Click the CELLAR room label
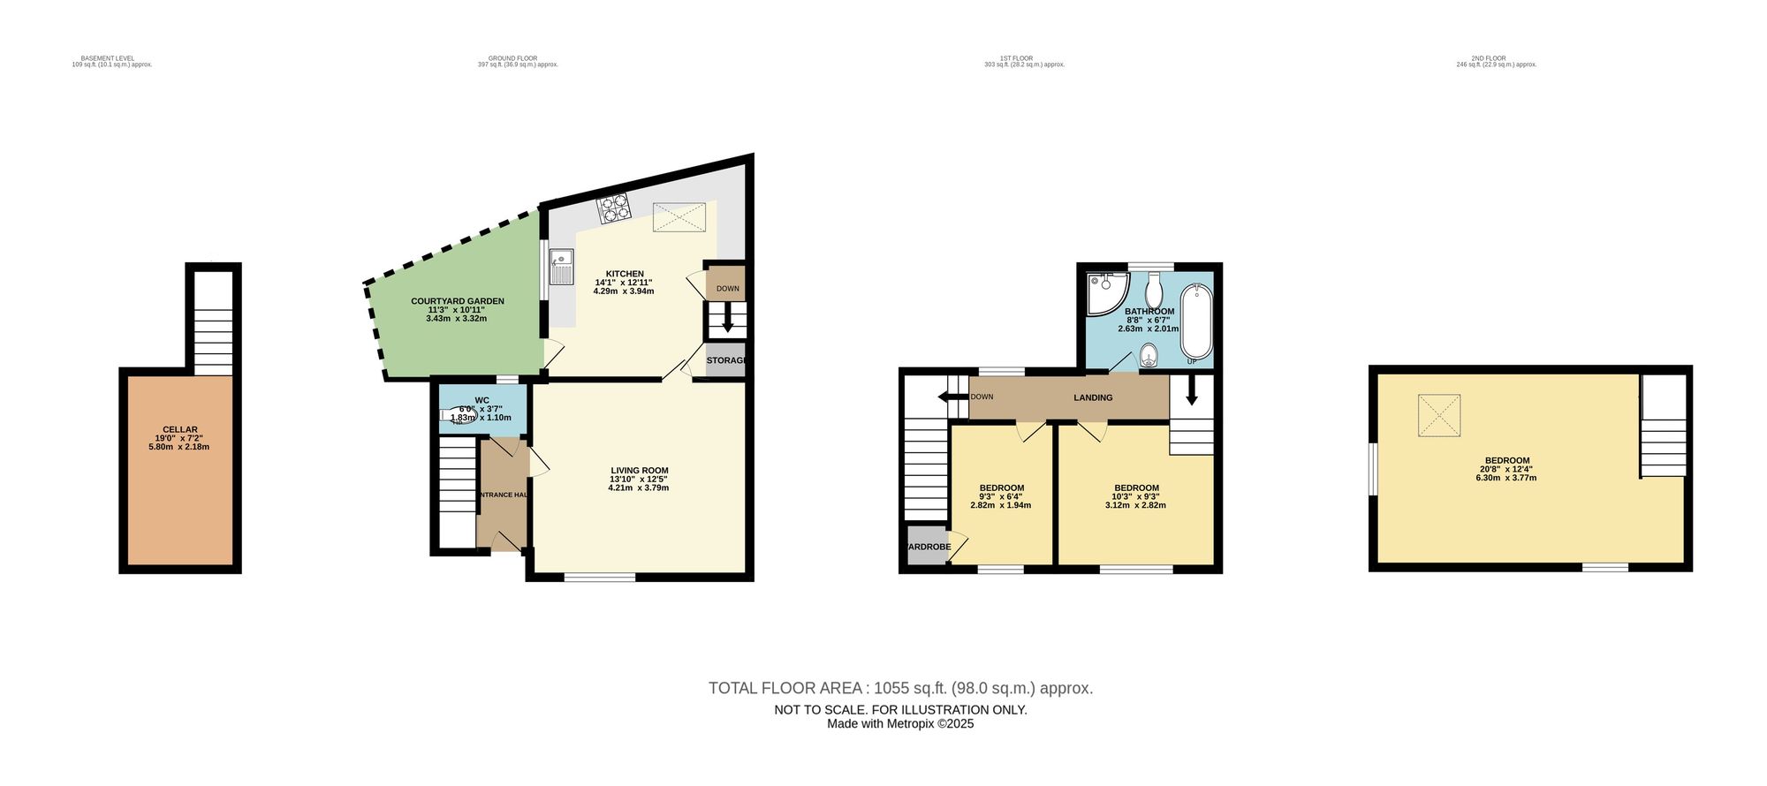(179, 430)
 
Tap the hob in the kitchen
(615, 209)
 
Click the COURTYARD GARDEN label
(457, 301)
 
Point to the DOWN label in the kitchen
(727, 289)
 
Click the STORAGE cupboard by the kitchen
(726, 360)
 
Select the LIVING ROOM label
(639, 471)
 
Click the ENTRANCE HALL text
(502, 495)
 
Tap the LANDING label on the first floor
(1093, 397)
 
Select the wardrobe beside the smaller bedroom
(928, 546)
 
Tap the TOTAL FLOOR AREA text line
(900, 688)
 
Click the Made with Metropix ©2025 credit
(900, 723)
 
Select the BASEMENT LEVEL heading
(114, 58)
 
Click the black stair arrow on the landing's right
(1191, 390)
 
